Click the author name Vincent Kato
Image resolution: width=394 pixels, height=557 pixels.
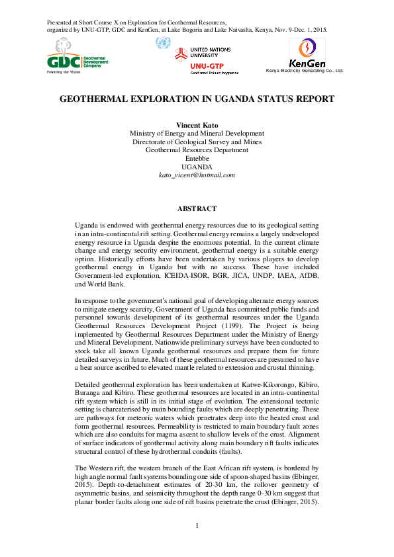pyautogui.click(x=197, y=125)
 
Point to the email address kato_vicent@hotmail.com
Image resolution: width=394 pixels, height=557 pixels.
pyautogui.click(x=197, y=175)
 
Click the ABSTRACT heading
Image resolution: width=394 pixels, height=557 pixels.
pyautogui.click(x=197, y=208)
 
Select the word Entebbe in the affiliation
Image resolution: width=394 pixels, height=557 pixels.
pyautogui.click(x=197, y=158)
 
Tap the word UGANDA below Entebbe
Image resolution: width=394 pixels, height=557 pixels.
pyautogui.click(x=197, y=167)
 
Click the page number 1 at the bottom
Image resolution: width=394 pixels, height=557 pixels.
pyautogui.click(x=197, y=544)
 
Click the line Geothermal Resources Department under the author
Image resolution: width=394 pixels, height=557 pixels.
pyautogui.click(x=197, y=150)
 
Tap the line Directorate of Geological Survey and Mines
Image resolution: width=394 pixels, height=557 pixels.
pyautogui.click(x=197, y=142)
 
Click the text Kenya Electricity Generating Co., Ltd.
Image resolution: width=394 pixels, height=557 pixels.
pyautogui.click(x=305, y=70)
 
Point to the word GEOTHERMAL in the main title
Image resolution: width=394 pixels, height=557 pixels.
pyautogui.click(x=95, y=99)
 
